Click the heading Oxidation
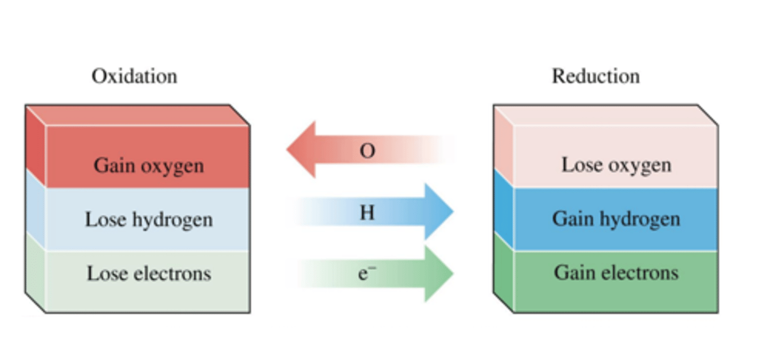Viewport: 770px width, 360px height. click(x=134, y=76)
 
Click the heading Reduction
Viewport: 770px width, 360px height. click(x=596, y=76)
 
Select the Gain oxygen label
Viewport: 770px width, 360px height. click(x=149, y=165)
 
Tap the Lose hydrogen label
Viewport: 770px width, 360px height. click(x=149, y=219)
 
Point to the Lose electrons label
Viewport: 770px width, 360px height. click(x=149, y=273)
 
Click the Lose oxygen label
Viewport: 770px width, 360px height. click(x=616, y=165)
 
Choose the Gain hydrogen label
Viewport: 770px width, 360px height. click(x=616, y=219)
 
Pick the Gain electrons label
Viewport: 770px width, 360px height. click(x=616, y=273)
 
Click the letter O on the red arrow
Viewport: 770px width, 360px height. click(x=367, y=151)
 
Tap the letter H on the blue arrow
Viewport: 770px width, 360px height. click(x=367, y=213)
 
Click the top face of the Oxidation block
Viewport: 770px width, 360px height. click(x=138, y=115)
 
